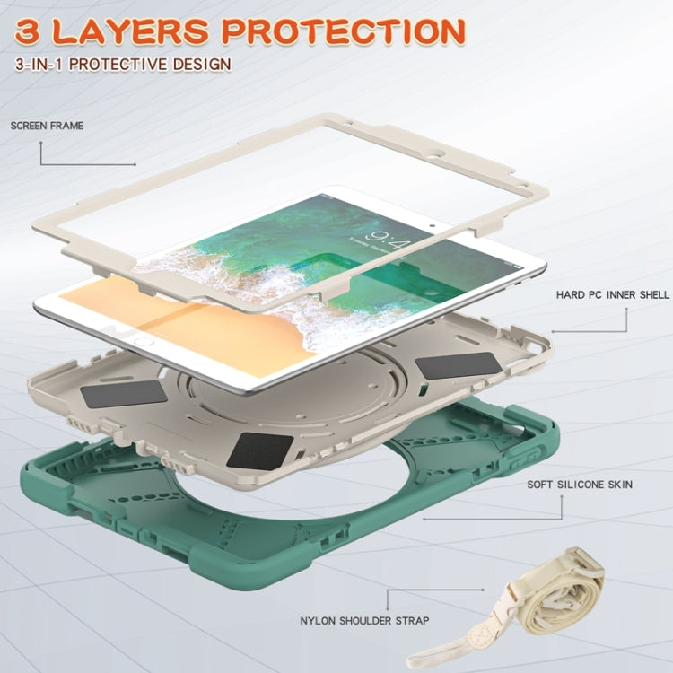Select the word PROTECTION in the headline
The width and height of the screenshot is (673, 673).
pyautogui.click(x=345, y=31)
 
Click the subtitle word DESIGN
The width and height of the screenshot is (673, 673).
pyautogui.click(x=202, y=64)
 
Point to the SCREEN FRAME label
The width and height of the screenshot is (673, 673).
pyautogui.click(x=47, y=126)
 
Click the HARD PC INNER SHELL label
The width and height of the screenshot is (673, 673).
pyautogui.click(x=613, y=295)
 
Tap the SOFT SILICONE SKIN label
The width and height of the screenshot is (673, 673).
pyautogui.click(x=580, y=485)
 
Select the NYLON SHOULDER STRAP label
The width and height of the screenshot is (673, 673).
pyautogui.click(x=364, y=621)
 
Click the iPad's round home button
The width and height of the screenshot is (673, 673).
pyautogui.click(x=144, y=342)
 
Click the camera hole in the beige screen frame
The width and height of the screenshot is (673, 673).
pyautogui.click(x=439, y=153)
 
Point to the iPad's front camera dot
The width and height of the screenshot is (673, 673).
pyautogui.click(x=433, y=224)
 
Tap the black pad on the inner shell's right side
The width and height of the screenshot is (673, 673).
pyautogui.click(x=459, y=365)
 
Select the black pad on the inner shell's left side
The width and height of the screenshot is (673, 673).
pyautogui.click(x=124, y=394)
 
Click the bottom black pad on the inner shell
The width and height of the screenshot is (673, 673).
pyautogui.click(x=260, y=450)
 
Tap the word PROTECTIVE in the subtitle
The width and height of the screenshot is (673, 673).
pyautogui.click(x=118, y=64)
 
